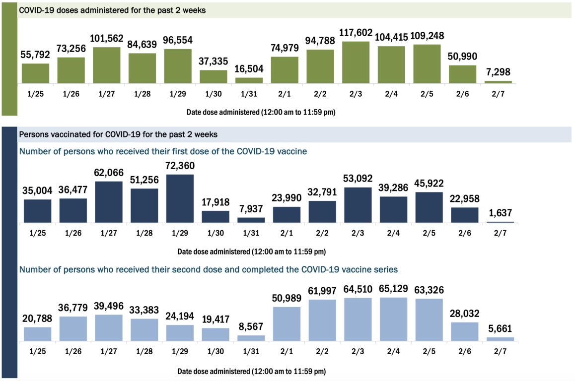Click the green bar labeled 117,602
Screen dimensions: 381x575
tap(356, 62)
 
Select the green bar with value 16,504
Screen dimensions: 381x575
tap(249, 80)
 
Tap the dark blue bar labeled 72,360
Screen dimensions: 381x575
tap(178, 198)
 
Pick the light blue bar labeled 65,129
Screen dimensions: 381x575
tap(391, 319)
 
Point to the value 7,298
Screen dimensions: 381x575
tap(498, 72)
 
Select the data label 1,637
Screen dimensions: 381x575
tap(500, 213)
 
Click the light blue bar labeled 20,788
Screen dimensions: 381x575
tap(37, 334)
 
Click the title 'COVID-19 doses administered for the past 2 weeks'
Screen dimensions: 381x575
tap(112, 10)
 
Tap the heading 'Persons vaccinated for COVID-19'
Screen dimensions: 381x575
tap(118, 134)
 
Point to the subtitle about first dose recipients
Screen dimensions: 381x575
tap(163, 151)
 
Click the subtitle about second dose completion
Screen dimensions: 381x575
tap(208, 270)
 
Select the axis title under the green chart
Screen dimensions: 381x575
tap(261, 112)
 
